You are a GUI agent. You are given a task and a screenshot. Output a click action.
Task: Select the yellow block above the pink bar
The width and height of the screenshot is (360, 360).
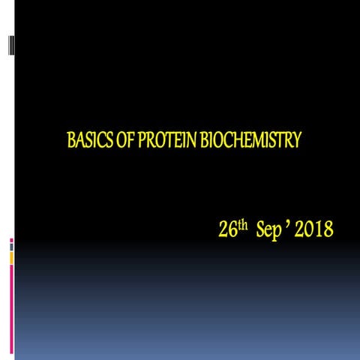point(11,257)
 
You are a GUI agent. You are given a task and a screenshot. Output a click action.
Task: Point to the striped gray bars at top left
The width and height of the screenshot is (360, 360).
point(11,45)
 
